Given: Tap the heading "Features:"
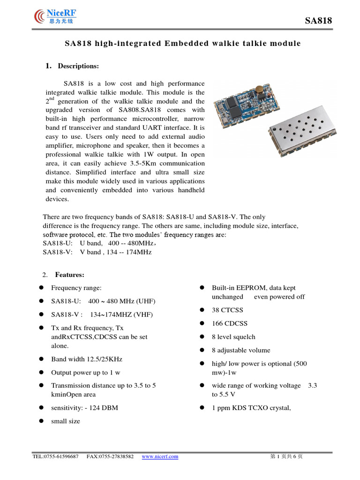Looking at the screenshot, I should [70, 275].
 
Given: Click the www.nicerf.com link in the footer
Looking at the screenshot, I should [160, 457].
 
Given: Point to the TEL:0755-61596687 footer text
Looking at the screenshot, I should [55, 457].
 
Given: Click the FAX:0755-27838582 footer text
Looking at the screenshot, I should [110, 457].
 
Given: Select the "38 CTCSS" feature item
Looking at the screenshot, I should [227, 310].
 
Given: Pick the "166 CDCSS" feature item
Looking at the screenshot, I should [229, 323].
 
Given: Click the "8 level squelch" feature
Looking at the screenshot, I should [233, 337].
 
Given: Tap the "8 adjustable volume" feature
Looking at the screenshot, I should [241, 350].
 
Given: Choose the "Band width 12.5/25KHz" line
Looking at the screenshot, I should [86, 359].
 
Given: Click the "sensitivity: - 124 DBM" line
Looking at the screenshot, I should [84, 408].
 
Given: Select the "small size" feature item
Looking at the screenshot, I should [65, 421].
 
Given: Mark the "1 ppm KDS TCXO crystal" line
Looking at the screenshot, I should [251, 408].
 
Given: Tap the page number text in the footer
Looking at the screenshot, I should [286, 457].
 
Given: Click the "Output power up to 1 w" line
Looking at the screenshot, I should [85, 372].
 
